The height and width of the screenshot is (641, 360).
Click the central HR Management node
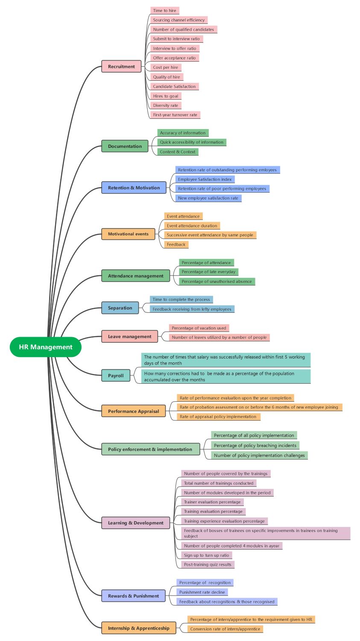(x=45, y=347)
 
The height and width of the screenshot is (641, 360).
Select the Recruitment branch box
(x=121, y=67)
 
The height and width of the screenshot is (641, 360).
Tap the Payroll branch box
(x=116, y=376)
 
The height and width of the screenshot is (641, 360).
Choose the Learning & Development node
(x=135, y=523)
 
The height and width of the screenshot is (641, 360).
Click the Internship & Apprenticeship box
(x=138, y=628)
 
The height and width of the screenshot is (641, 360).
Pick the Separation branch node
(x=120, y=308)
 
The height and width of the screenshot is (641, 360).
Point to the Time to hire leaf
(x=164, y=11)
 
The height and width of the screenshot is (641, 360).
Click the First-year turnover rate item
(x=175, y=115)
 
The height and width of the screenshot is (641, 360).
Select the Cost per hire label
(x=166, y=68)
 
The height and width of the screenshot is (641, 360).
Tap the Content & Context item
(x=178, y=152)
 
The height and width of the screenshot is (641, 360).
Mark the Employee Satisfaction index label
(x=205, y=179)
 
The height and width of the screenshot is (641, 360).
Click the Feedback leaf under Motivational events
(x=176, y=244)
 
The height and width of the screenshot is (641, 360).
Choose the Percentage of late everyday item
(x=208, y=272)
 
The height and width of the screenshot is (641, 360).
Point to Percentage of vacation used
(x=199, y=328)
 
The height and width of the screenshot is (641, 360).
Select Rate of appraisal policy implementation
(x=218, y=417)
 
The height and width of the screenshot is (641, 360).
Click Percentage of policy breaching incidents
(x=255, y=445)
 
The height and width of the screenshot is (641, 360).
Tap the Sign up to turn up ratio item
(x=206, y=555)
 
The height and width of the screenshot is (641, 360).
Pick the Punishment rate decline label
(x=202, y=592)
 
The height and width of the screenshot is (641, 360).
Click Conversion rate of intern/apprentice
(x=225, y=629)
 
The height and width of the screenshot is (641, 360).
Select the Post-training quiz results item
(x=208, y=565)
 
